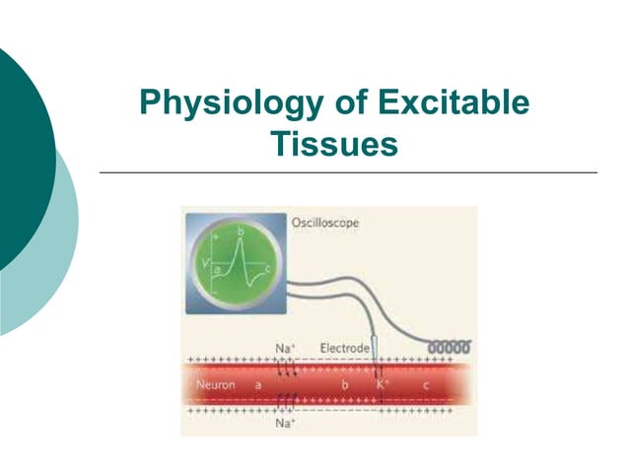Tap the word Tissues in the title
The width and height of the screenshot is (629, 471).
[334, 145]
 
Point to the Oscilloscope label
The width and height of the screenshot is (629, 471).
[325, 223]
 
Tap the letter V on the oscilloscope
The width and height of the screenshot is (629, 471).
[206, 264]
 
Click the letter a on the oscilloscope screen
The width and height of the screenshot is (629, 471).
[217, 271]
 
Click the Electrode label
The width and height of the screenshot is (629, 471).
[345, 349]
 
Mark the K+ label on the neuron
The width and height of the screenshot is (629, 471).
[383, 383]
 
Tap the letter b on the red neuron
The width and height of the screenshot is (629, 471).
[344, 383]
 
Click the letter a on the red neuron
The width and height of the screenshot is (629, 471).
[258, 384]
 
